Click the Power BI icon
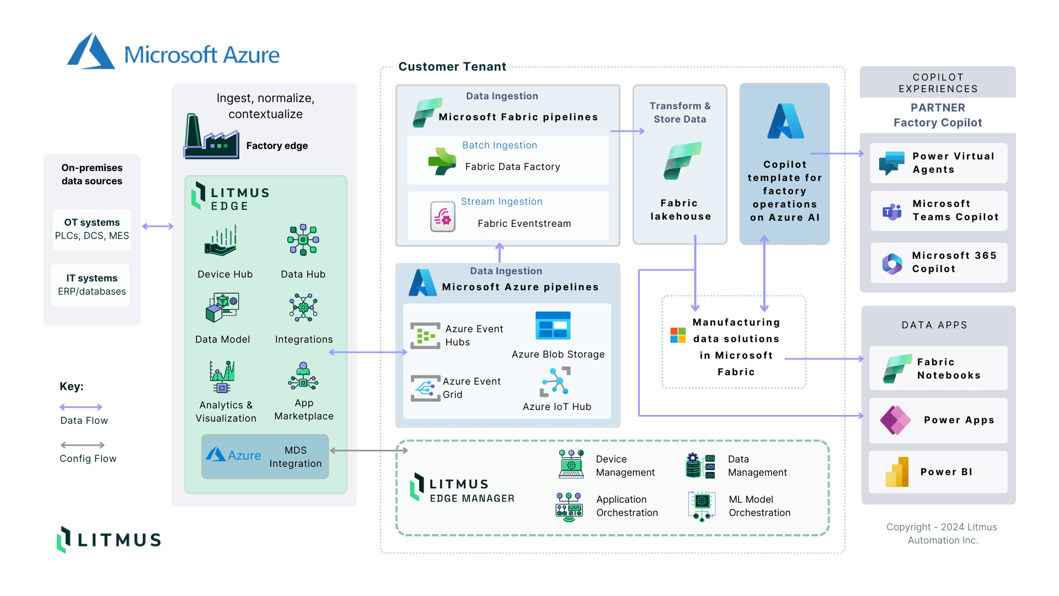(897, 472)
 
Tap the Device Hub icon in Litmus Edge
(221, 241)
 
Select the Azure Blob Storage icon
(553, 326)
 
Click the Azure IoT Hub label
(557, 407)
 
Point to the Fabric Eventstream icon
(442, 217)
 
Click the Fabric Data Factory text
(512, 167)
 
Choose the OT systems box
(92, 229)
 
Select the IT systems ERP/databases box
(92, 285)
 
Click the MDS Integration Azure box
(265, 456)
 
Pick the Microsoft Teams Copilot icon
(892, 211)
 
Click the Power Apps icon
(895, 420)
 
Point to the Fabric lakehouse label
(680, 210)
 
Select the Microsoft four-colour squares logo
(678, 335)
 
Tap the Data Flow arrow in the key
(81, 407)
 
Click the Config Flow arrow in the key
(82, 445)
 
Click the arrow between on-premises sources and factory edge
(158, 226)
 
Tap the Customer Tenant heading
(452, 67)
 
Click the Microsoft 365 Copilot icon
(892, 264)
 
